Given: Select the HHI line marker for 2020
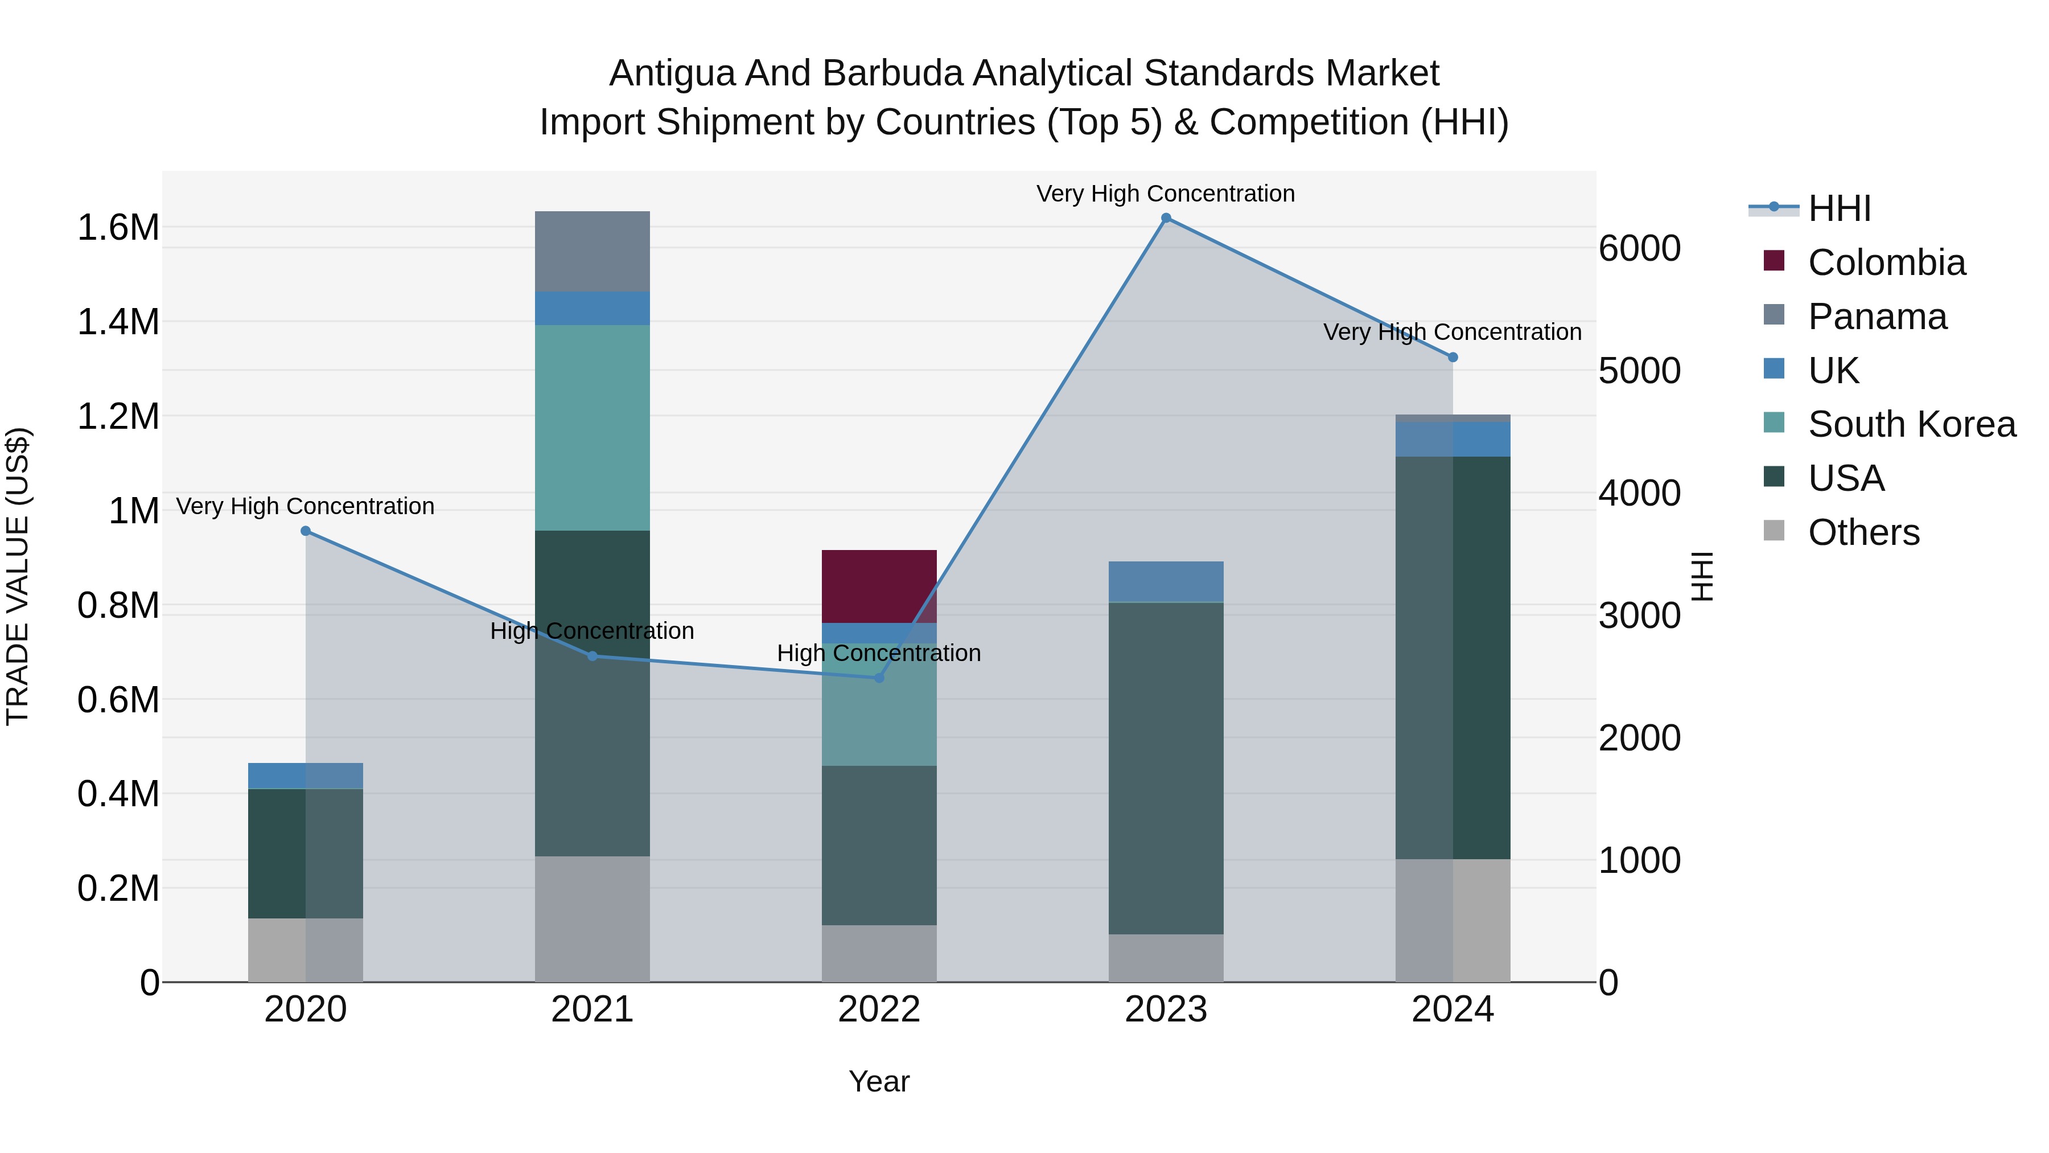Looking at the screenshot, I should coord(306,531).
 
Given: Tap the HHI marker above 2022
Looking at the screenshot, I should coord(879,678).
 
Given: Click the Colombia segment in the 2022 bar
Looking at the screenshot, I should coord(879,586).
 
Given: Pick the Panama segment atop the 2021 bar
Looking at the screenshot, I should coord(592,252).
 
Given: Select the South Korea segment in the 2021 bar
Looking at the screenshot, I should coord(592,427).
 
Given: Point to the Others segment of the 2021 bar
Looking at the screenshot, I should coord(592,918).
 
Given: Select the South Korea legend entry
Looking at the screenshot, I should coord(1911,424).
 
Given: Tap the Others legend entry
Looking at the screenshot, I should coord(1863,532).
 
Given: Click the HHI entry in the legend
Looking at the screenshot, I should coord(1839,208).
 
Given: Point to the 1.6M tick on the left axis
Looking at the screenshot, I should coord(118,228).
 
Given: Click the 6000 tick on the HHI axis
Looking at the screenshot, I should coord(1639,248).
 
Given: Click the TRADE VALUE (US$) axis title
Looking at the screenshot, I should coord(18,576).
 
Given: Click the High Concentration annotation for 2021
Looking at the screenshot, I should coord(592,631).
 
